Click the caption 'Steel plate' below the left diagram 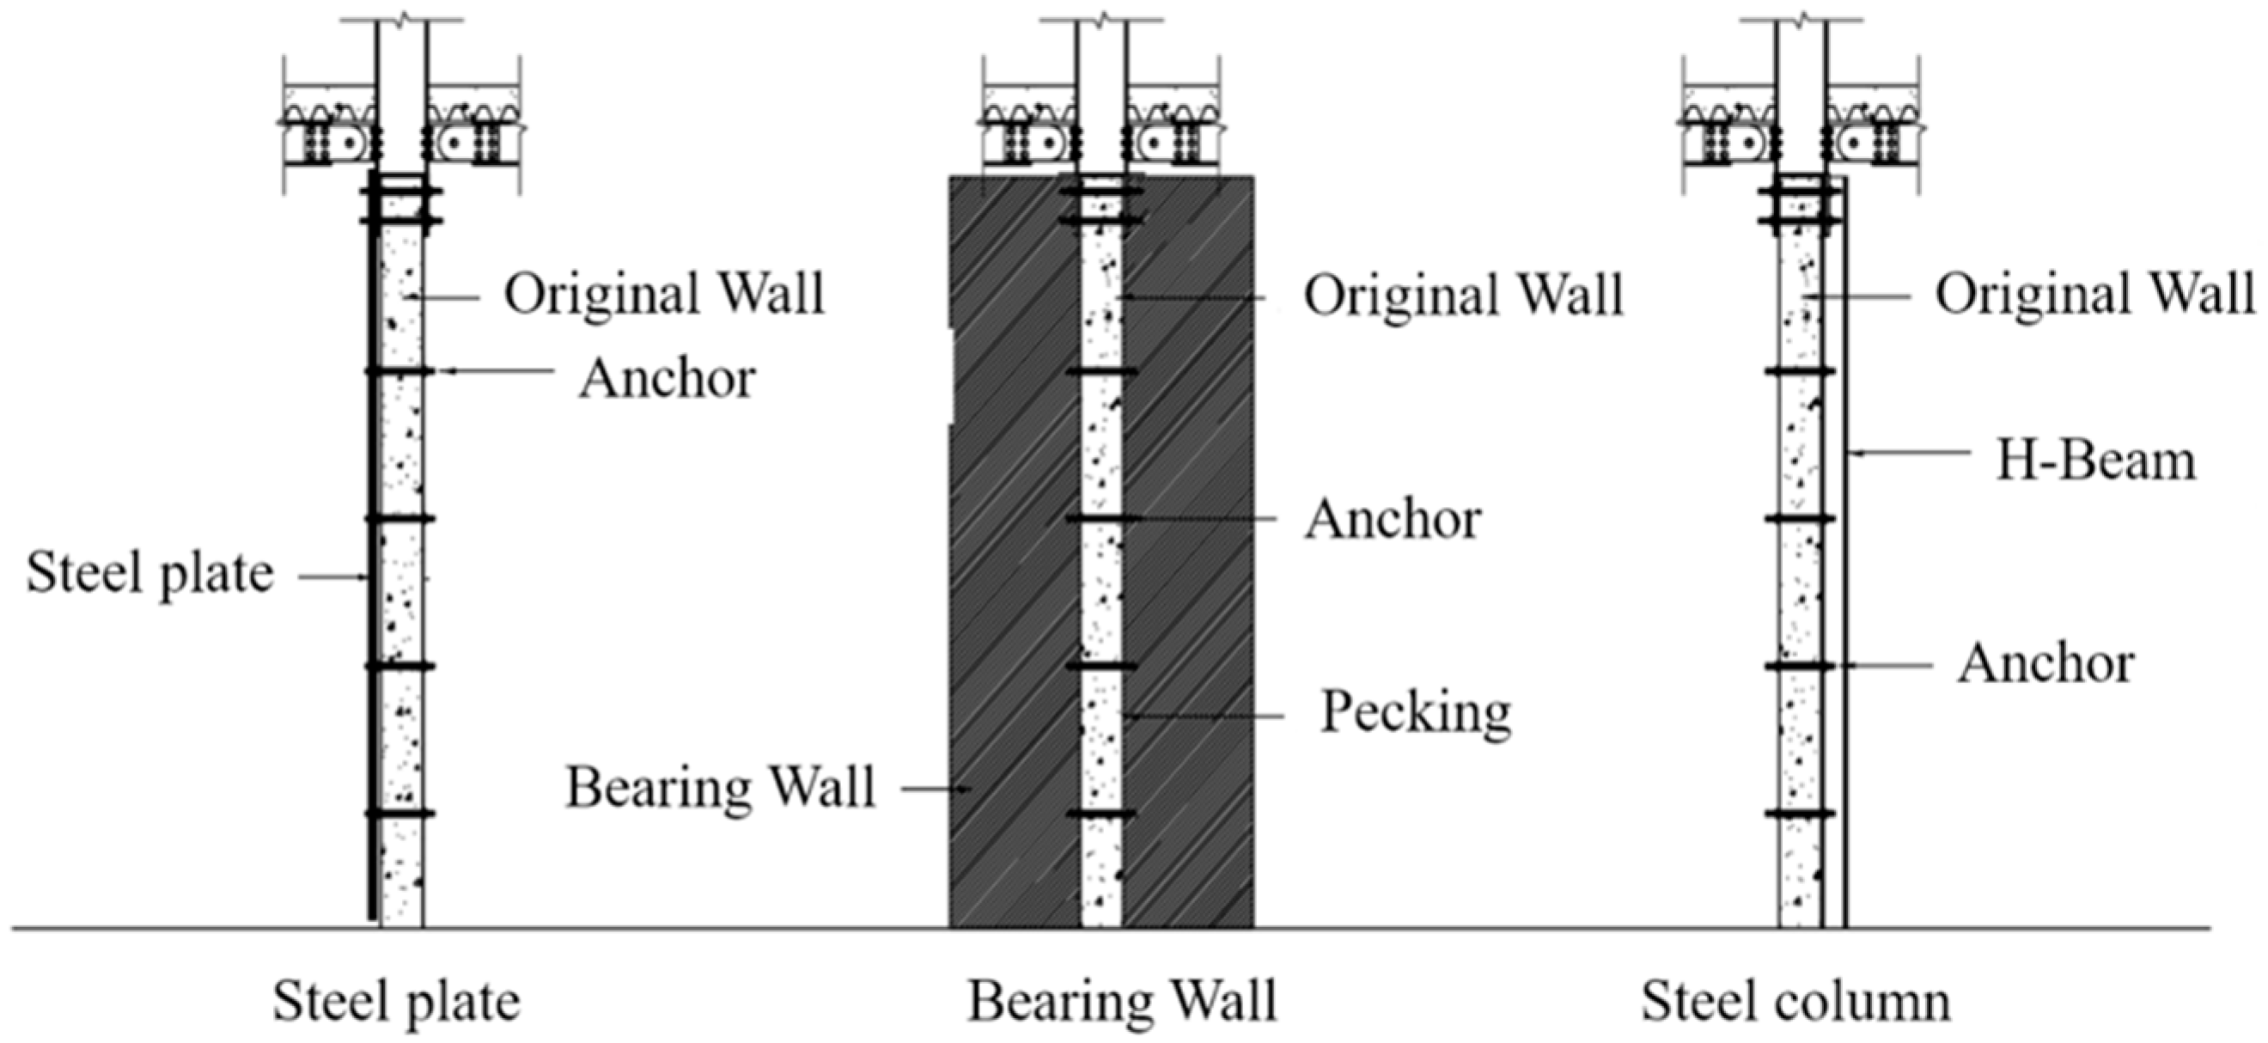(x=396, y=1001)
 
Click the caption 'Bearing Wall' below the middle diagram (x=1122, y=1001)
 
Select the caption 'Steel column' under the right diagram (x=1795, y=1001)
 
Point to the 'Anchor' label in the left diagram (x=667, y=379)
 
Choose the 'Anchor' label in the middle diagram (x=1392, y=519)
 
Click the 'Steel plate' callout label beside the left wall (x=149, y=573)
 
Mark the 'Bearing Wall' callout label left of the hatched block (x=719, y=787)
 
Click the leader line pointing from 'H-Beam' (x=1911, y=454)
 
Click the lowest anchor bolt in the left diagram (x=400, y=814)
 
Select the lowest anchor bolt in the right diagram (x=1800, y=814)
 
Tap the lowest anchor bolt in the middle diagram (x=1101, y=814)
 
